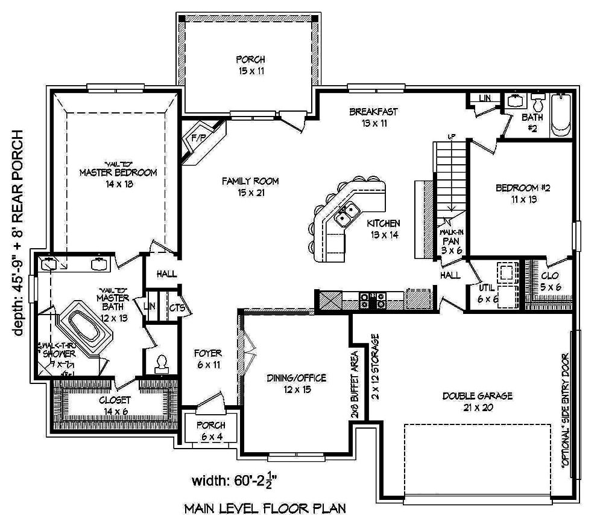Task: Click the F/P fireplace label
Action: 198,137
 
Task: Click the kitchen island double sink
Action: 347,212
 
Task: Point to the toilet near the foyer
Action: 161,363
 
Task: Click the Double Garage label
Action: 477,401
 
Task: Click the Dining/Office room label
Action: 296,383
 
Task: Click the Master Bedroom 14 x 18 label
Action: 118,178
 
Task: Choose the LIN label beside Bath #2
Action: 484,98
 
